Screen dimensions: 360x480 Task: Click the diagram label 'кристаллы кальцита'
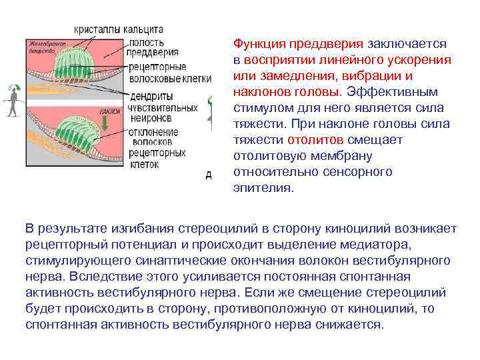tap(119, 31)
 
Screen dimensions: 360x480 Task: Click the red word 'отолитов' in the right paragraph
tap(315, 141)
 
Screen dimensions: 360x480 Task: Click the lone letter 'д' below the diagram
tap(209, 175)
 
